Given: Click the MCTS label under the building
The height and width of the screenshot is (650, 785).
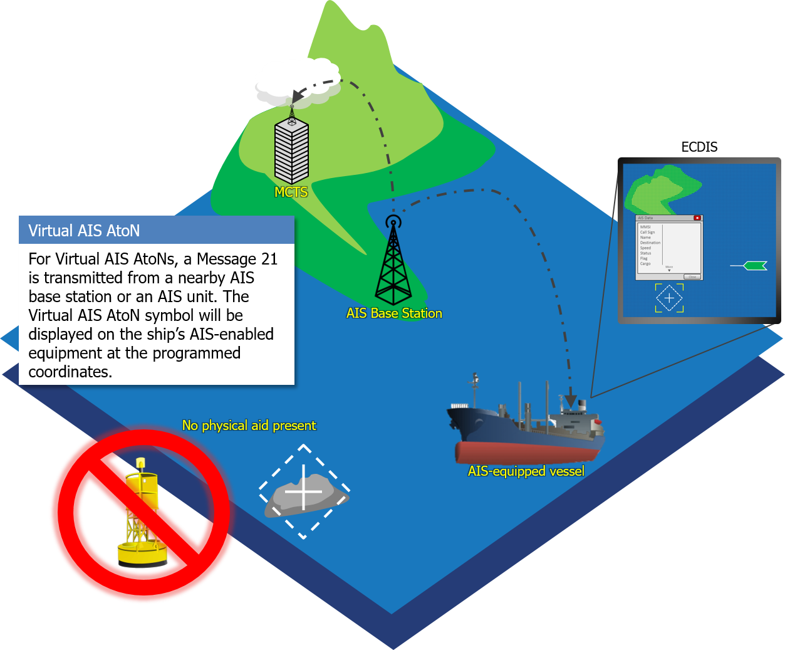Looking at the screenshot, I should pos(291,192).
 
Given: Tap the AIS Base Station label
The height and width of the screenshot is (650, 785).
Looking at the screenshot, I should pos(394,313).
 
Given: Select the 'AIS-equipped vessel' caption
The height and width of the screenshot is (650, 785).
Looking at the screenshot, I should pos(526,471).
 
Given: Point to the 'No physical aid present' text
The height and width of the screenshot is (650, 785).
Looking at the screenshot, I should pos(249,426).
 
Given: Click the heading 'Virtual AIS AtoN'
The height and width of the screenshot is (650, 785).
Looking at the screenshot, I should pos(84,231).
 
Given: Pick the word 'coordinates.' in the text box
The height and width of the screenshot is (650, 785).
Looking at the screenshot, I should pos(70,372).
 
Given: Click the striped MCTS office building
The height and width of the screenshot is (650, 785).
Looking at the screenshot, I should pos(291,150).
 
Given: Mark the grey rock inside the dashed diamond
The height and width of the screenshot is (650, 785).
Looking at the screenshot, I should pos(304,496).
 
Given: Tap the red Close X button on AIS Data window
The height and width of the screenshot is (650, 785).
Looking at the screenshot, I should pos(697,218).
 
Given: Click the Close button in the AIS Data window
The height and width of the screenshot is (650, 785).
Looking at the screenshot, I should pos(692,276).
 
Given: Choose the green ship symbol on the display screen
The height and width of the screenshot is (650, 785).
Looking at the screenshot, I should pos(754,266).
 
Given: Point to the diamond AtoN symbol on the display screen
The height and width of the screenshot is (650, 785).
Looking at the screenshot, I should pos(669,298).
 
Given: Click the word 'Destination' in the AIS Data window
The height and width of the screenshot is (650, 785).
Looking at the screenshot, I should pos(650,243).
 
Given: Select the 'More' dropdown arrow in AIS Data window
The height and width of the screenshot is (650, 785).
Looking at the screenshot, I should pos(669,270).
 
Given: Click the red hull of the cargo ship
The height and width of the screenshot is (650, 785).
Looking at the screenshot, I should pos(526,453).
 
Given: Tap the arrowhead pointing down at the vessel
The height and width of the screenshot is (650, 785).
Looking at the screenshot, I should pos(570,401).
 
